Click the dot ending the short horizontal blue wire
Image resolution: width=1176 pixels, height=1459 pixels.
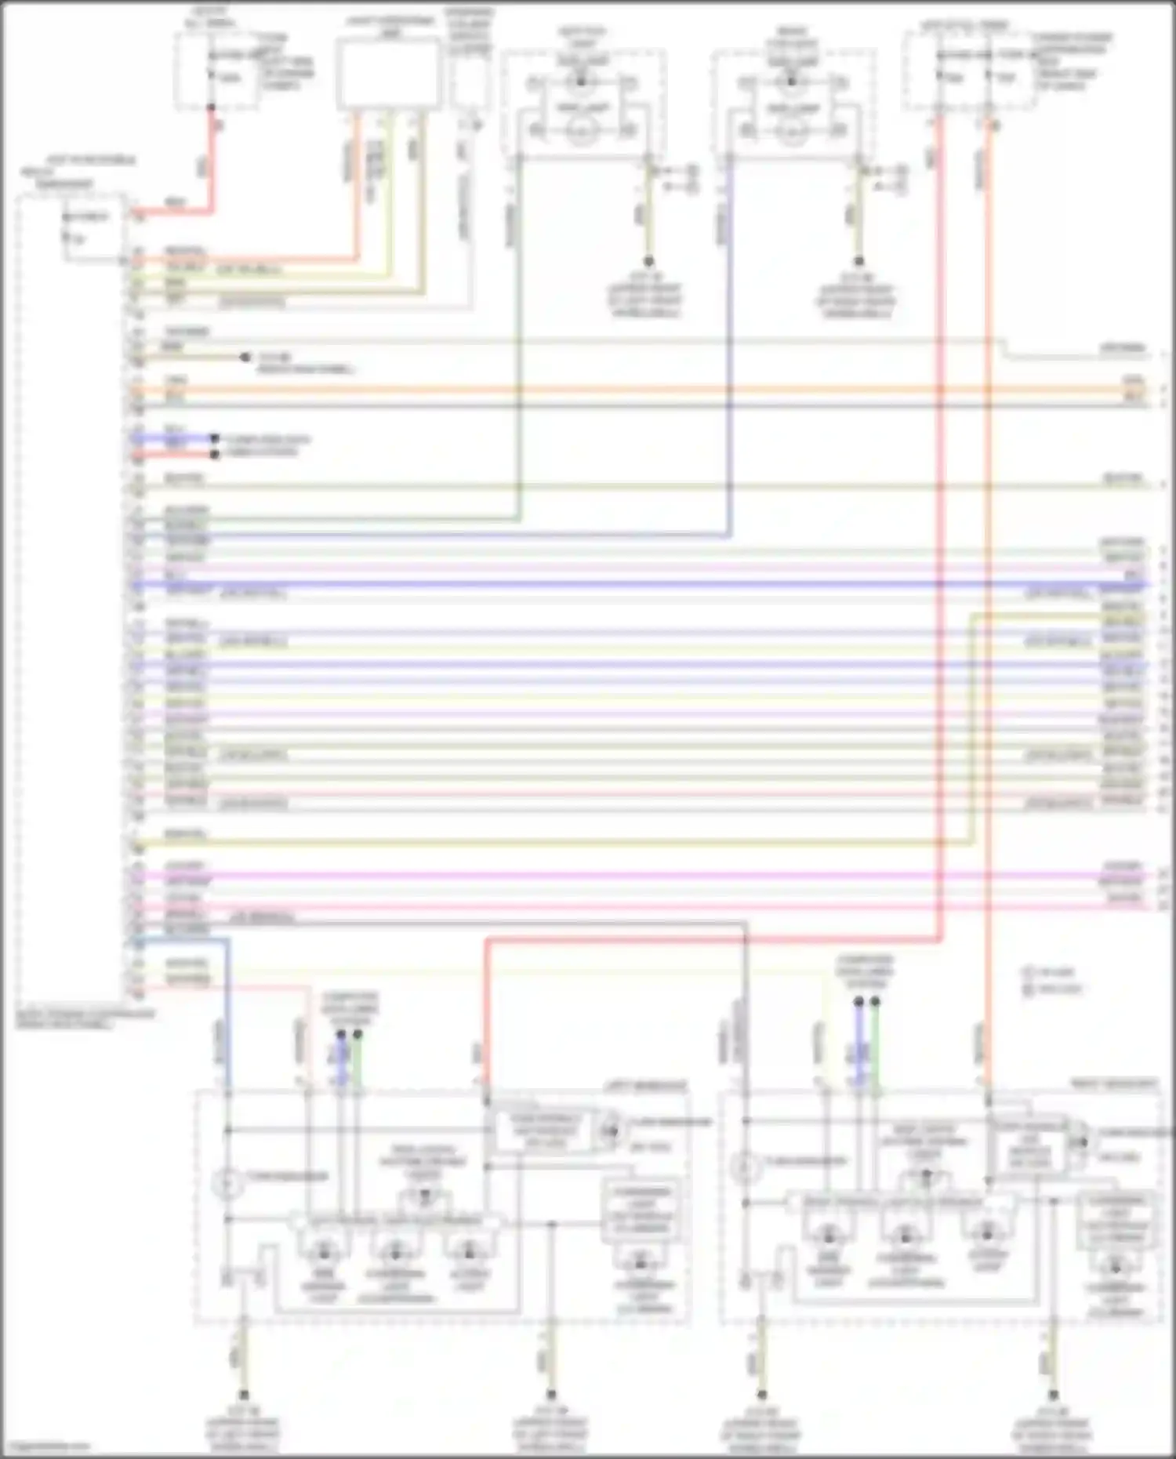[214, 438]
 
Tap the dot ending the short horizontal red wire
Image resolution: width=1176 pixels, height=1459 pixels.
[214, 454]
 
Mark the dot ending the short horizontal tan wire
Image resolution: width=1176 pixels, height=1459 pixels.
[245, 357]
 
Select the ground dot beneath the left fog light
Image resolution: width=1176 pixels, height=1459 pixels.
[648, 261]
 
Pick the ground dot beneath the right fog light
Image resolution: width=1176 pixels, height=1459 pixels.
[858, 261]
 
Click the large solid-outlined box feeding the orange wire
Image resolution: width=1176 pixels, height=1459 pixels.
[388, 74]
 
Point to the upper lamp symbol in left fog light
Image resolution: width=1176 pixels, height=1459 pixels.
[581, 81]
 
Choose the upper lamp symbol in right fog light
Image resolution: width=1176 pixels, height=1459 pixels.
[791, 81]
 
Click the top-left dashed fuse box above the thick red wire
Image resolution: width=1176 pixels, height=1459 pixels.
[216, 71]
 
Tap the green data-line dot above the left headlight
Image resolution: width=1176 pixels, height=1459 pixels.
[358, 1035]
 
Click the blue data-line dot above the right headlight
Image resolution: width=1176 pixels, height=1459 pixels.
[858, 1002]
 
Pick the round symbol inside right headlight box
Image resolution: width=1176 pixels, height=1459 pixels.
[746, 1169]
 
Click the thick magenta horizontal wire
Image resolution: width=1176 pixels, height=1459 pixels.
[627, 875]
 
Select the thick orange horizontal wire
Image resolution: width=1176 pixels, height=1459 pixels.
[627, 389]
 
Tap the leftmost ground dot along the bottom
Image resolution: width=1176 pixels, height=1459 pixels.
[244, 1395]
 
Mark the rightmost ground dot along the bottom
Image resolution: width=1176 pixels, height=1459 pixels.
[1053, 1395]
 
